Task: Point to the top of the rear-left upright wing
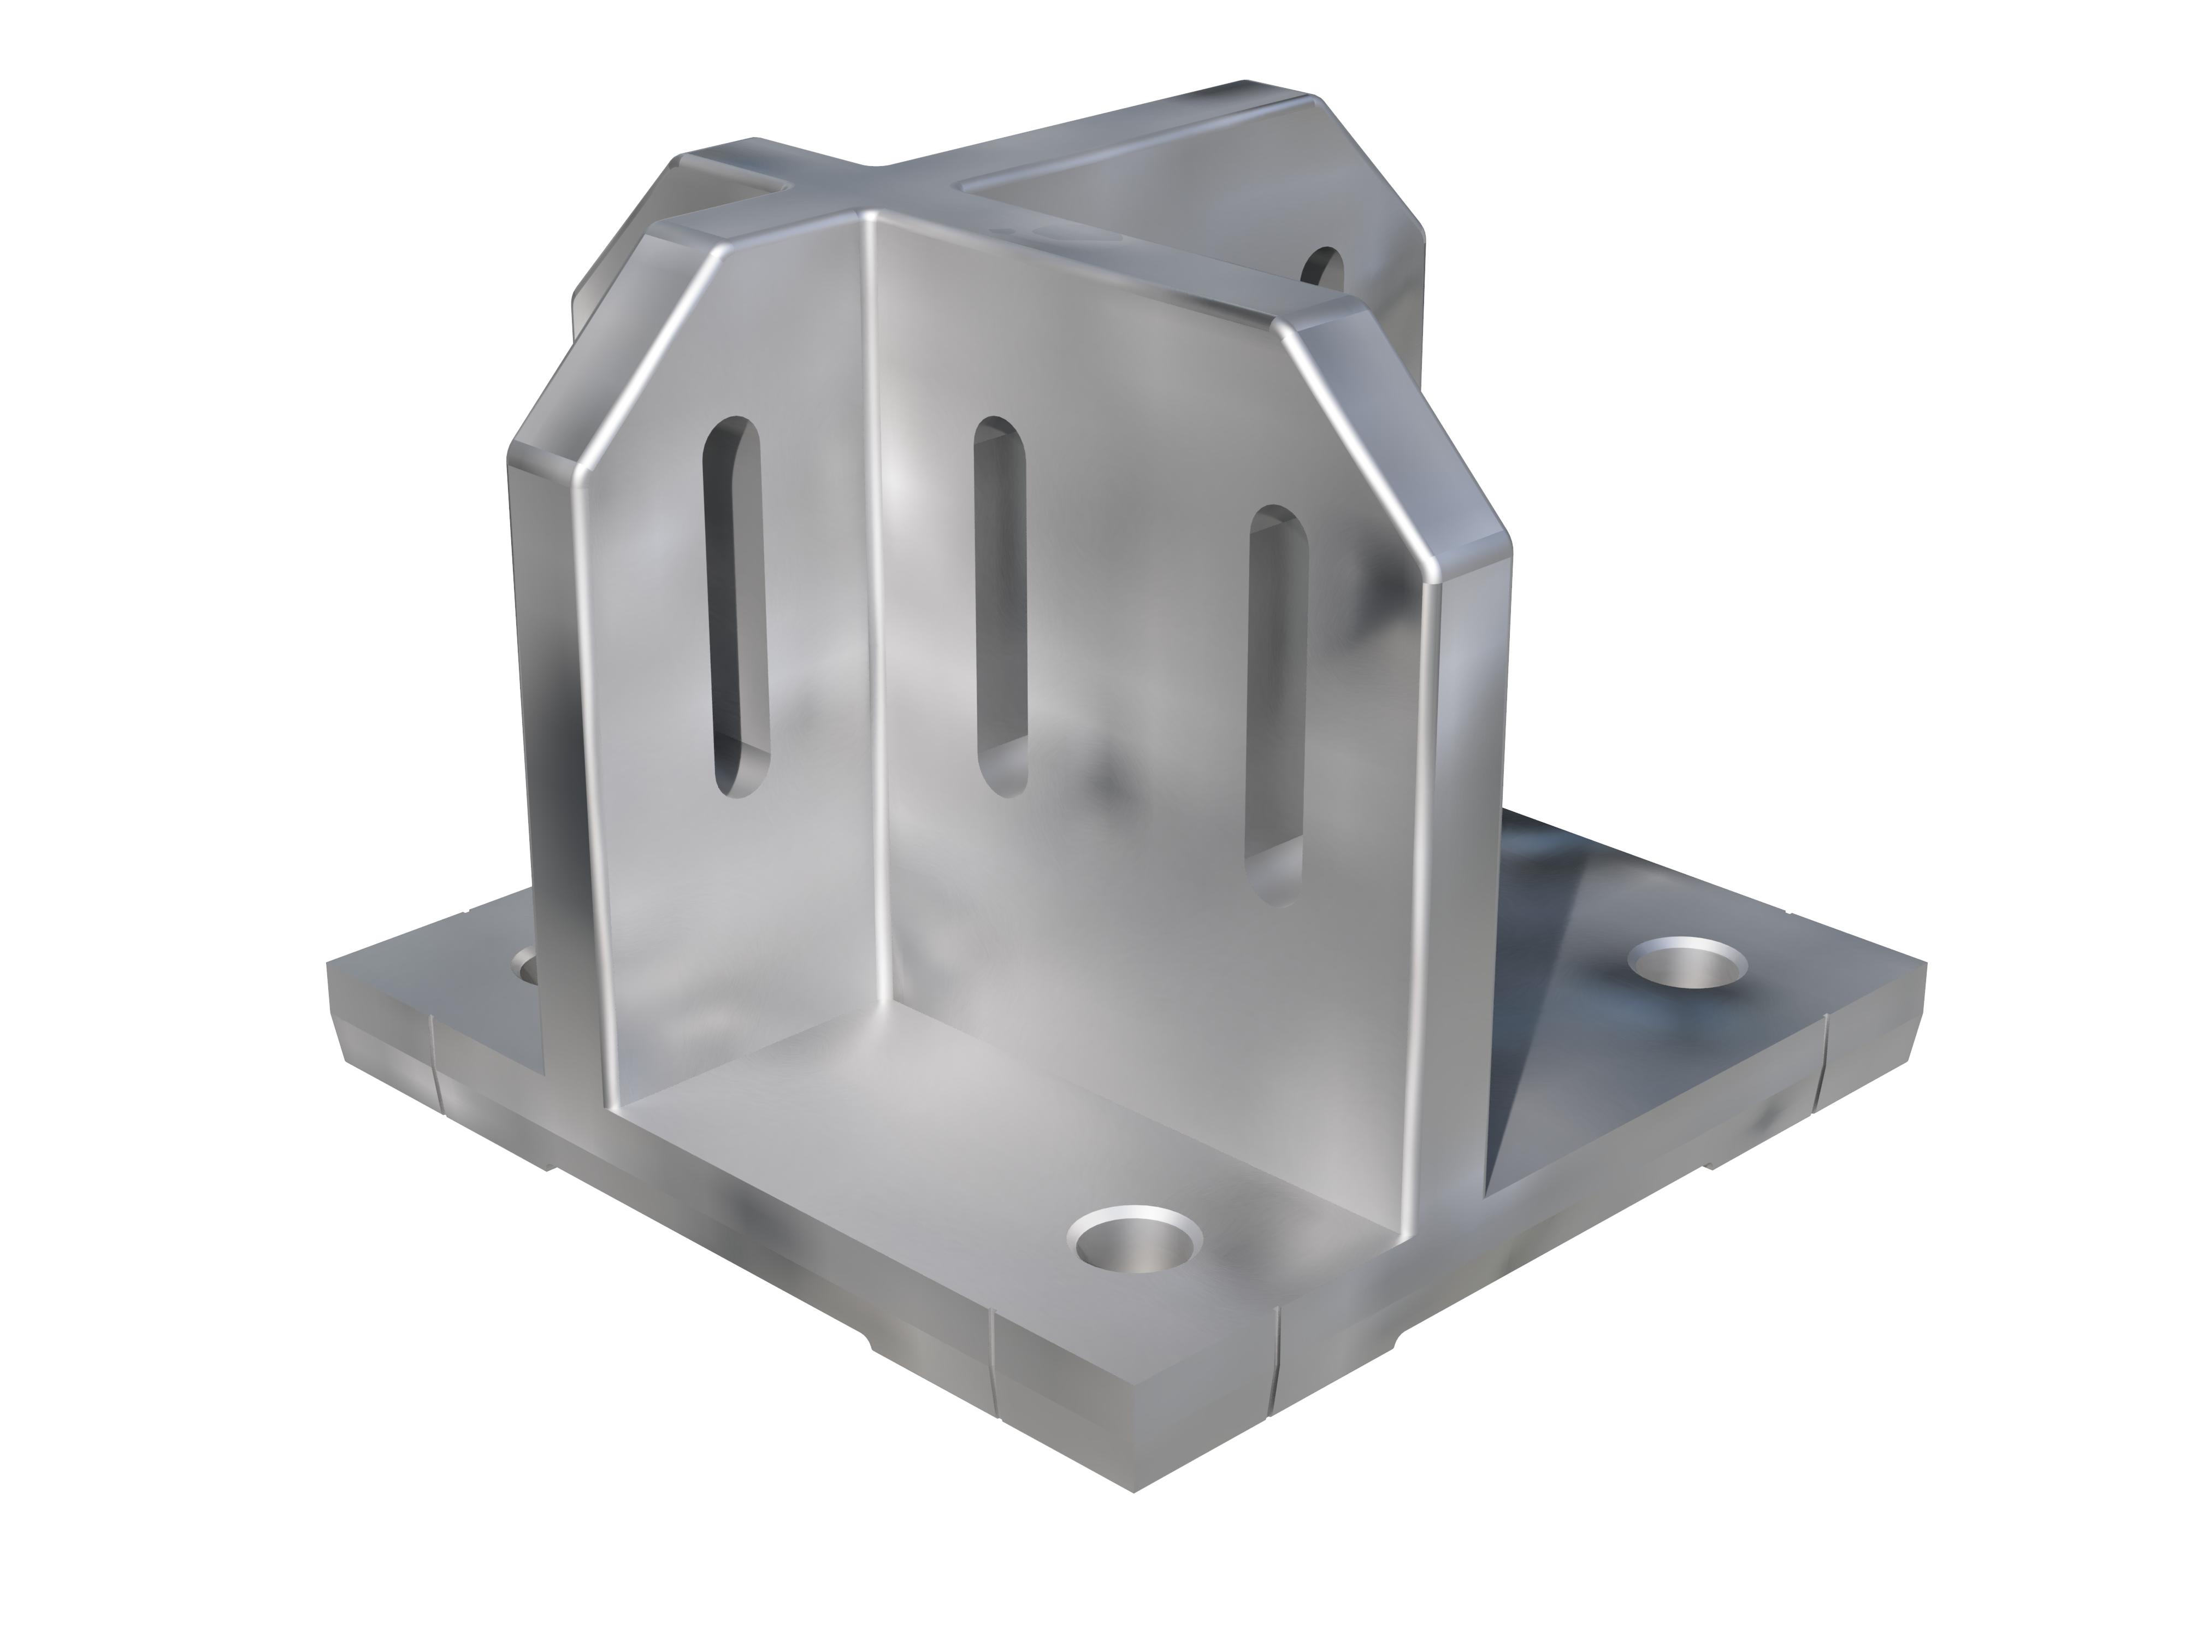coord(731,158)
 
